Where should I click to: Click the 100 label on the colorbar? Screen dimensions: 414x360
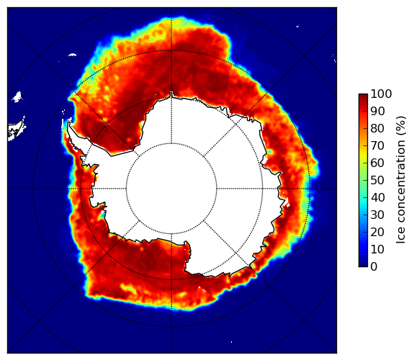pos(381,94)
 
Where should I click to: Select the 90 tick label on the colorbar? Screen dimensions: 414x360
pos(377,111)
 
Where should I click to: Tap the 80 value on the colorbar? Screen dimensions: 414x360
pos(377,129)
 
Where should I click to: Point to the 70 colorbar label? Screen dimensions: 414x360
pos(377,145)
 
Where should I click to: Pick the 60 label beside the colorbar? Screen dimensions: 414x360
pos(377,163)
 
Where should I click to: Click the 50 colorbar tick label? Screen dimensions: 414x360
pos(377,181)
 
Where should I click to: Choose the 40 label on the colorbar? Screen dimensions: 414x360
pos(377,197)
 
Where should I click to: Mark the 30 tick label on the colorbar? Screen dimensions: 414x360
pos(377,215)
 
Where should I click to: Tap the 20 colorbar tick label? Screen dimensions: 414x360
pos(377,232)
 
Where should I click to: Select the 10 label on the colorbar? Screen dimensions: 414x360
pos(377,249)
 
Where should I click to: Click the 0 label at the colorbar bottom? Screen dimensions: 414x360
pos(374,267)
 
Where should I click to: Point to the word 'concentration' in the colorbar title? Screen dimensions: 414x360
pos(401,184)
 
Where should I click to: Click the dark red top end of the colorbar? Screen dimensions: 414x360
pos(363,96)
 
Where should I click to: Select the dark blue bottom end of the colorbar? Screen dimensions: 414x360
pos(363,265)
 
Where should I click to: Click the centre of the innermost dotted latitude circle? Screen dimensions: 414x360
pos(171,189)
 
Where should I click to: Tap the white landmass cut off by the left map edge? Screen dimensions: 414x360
pos(16,130)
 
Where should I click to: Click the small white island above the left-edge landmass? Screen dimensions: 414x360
pos(17,96)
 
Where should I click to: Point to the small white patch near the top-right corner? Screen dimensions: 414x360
pos(297,26)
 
